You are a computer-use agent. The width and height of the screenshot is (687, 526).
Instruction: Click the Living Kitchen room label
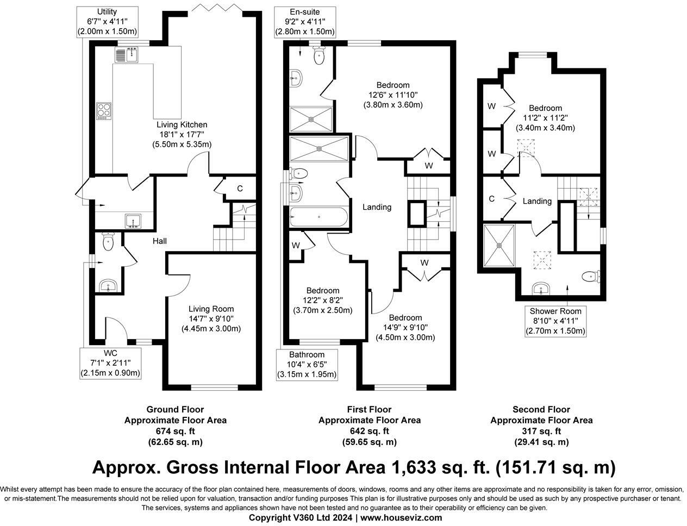click(182, 124)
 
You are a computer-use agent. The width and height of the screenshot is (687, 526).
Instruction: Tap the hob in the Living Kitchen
click(104, 111)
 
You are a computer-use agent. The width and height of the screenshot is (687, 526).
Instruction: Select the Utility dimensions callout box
click(107, 22)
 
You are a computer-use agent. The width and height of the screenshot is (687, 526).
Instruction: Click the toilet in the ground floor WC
click(108, 241)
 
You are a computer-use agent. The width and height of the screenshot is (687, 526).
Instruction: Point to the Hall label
click(160, 241)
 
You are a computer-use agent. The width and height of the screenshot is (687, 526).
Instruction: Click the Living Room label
click(211, 309)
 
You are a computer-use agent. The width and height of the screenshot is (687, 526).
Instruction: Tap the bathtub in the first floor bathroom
click(319, 217)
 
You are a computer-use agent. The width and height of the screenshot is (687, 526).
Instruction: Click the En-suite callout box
click(305, 22)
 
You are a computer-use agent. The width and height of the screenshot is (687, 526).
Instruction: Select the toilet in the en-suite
click(319, 55)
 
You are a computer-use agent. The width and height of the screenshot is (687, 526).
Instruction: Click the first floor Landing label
click(377, 207)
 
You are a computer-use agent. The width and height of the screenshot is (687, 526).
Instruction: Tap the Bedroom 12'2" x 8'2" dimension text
click(323, 300)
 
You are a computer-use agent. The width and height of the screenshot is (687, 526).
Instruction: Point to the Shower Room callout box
click(555, 322)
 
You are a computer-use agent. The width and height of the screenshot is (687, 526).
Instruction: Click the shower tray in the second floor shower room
click(499, 246)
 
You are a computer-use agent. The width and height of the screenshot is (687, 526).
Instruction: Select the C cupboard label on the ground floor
click(240, 189)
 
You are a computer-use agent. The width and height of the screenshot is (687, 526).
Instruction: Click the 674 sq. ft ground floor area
click(176, 431)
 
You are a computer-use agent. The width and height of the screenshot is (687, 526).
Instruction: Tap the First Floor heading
click(369, 409)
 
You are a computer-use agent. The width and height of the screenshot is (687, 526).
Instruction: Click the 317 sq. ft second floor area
click(541, 431)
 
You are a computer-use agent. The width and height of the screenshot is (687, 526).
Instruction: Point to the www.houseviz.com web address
click(401, 517)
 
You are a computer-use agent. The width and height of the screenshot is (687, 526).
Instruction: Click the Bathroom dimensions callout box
click(307, 365)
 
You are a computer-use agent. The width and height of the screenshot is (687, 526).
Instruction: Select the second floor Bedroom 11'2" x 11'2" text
click(545, 118)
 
